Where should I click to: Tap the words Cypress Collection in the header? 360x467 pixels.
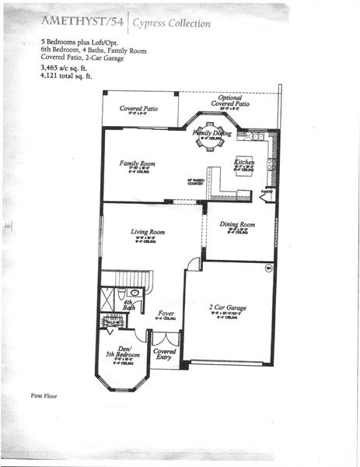[171, 23]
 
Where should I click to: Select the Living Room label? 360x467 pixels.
[147, 232]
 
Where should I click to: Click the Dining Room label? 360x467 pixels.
[237, 225]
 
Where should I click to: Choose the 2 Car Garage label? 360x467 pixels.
[228, 308]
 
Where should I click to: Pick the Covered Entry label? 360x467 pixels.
[165, 355]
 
